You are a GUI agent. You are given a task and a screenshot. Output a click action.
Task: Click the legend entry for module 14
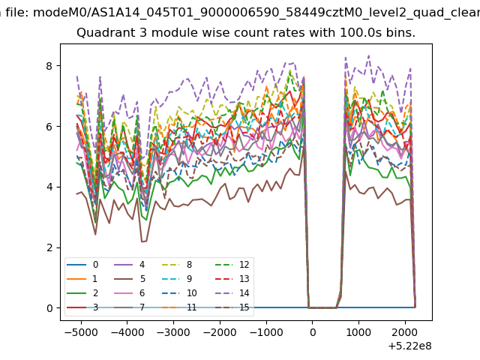[232, 293]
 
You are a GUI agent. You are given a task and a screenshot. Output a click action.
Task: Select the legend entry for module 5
[130, 279]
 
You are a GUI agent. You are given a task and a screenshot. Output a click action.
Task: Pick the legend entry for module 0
[82, 265]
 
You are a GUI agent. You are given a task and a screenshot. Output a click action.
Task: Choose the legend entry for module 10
[179, 293]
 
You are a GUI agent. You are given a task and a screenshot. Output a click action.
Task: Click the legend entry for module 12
[232, 265]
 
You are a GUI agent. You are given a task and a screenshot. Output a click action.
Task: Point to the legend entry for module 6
[130, 293]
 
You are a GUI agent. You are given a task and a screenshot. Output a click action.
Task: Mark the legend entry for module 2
[82, 293]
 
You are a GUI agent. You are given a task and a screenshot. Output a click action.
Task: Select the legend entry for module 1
[82, 279]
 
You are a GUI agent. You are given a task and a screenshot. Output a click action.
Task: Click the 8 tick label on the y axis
[49, 66]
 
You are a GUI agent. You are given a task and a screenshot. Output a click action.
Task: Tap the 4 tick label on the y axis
[49, 187]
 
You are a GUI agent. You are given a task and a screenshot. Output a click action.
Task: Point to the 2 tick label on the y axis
[49, 247]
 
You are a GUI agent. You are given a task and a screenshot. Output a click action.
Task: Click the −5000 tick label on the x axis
[81, 332]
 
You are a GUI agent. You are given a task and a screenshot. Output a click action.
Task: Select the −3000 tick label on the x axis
[173, 332]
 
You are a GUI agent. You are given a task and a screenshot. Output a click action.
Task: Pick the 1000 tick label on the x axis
[358, 332]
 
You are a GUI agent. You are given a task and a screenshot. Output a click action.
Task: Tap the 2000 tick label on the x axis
[405, 332]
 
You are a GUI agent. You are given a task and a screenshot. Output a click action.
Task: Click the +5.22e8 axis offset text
[410, 346]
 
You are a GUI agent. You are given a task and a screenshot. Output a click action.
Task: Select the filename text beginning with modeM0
[256, 13]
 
